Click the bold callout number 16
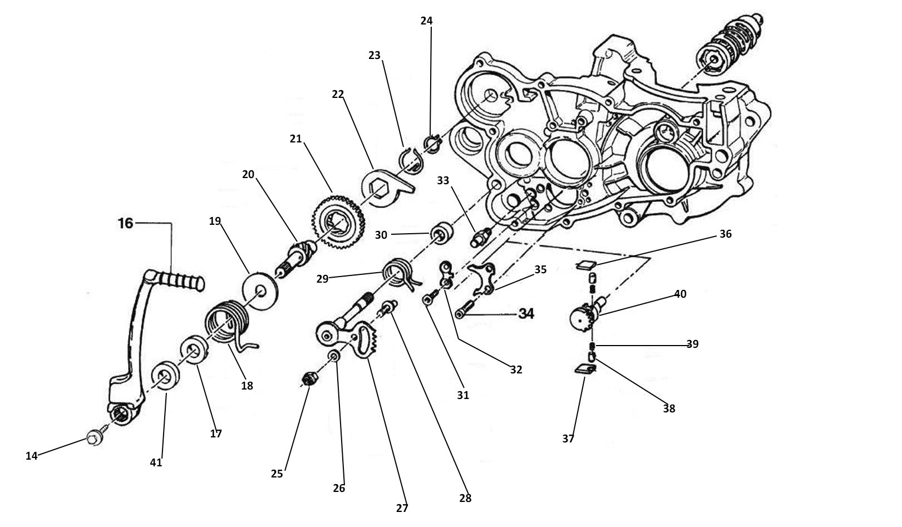coord(126,223)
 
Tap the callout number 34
coord(525,313)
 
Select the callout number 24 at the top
coord(426,21)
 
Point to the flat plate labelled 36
coord(586,264)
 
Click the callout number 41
coord(156,462)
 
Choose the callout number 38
coord(669,408)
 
